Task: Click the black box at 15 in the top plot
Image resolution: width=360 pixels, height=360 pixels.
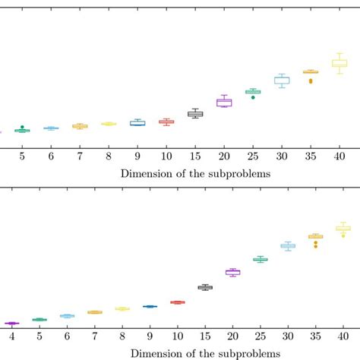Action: point(195,114)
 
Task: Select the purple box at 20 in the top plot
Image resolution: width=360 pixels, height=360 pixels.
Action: point(224,103)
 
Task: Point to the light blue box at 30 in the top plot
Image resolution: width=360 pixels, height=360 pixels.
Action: point(282,81)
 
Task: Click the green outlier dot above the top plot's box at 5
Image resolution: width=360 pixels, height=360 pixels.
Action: point(22,127)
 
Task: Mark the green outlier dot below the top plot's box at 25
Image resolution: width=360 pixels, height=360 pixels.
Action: point(253,97)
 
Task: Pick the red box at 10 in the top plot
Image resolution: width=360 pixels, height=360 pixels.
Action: point(166,122)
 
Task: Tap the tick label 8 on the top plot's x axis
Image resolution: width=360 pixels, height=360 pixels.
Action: point(109,156)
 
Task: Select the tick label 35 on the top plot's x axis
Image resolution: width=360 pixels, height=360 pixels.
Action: point(310,156)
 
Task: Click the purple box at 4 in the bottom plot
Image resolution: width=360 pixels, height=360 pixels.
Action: point(11,324)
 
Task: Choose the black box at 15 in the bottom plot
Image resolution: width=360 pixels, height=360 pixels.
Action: point(205,287)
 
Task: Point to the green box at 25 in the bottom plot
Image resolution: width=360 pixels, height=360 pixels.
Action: point(260,260)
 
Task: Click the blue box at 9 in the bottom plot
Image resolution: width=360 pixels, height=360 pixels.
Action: point(150,306)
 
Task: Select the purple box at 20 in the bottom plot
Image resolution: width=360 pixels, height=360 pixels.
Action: point(232,272)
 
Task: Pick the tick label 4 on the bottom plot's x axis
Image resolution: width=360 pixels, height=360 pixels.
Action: point(11,336)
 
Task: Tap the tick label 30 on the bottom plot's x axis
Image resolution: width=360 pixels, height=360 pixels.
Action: point(288,336)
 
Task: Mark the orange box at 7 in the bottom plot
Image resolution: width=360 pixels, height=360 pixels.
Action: point(94,312)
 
